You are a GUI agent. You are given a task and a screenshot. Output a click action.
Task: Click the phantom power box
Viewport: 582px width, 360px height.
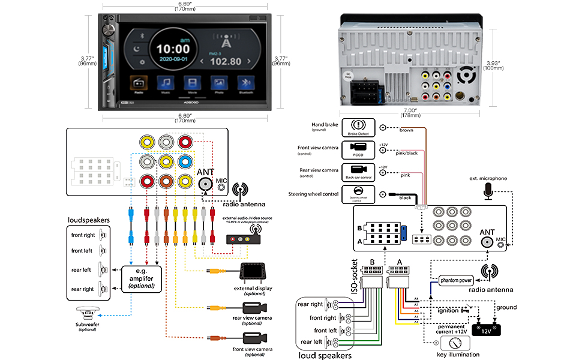(456, 280)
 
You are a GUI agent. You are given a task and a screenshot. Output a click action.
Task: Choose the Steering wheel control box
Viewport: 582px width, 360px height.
(358, 194)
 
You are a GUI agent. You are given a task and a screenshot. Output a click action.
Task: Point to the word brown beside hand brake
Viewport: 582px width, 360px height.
(406, 130)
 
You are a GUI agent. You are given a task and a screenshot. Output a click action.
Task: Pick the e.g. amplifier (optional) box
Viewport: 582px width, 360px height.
(142, 278)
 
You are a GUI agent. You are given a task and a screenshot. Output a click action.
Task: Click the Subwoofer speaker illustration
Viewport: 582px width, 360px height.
(87, 314)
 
